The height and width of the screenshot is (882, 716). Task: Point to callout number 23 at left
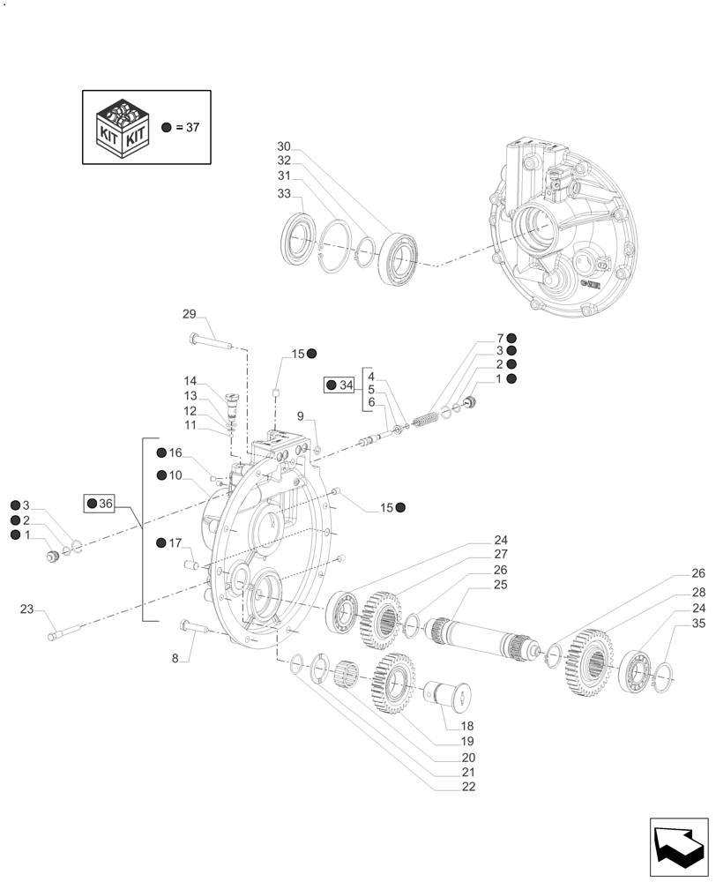tap(26, 609)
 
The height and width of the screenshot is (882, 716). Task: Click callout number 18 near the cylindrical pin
tap(467, 725)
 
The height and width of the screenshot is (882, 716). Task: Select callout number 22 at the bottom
tap(467, 787)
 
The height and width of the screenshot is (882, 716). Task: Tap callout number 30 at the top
tap(283, 146)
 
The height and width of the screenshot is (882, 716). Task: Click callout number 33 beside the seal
tap(283, 193)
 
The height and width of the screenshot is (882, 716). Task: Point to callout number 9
tap(300, 415)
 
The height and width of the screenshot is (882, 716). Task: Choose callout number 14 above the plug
tap(190, 381)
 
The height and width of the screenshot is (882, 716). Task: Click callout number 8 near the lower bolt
tap(175, 658)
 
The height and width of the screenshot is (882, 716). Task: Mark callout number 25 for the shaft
tap(500, 585)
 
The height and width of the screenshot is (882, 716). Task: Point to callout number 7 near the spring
tap(499, 338)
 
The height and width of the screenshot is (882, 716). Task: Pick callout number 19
tap(467, 741)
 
